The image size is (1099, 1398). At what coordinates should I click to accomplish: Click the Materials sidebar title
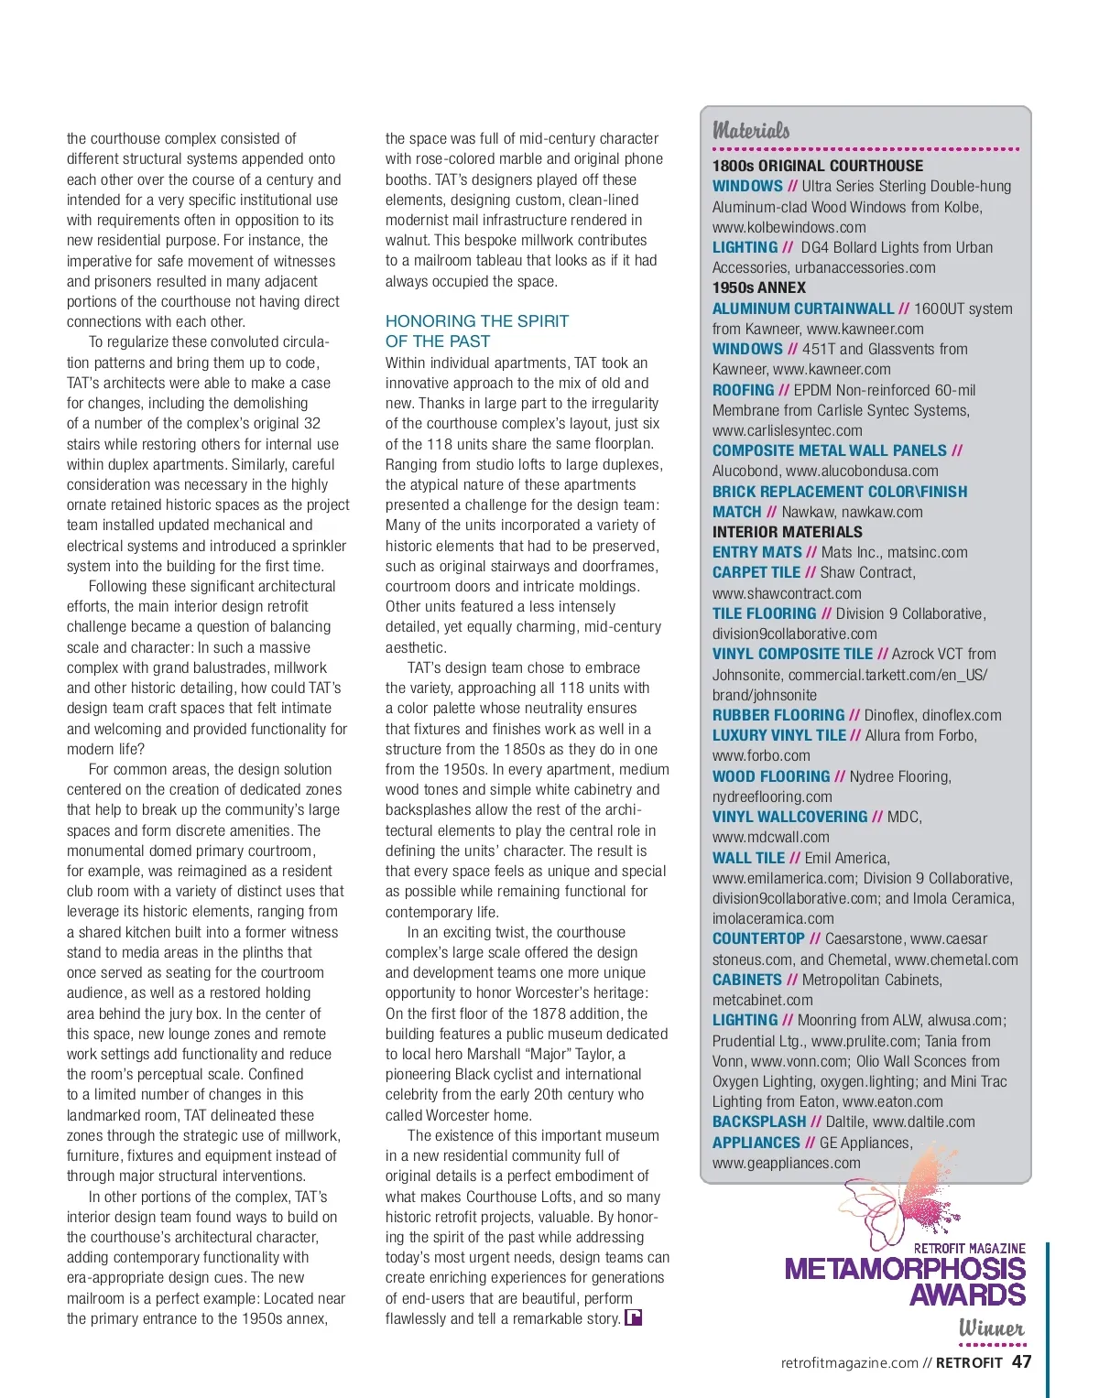coord(751,130)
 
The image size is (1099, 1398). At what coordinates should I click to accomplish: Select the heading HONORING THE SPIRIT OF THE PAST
coord(476,331)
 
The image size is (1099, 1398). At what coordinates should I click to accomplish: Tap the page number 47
coord(1021,1361)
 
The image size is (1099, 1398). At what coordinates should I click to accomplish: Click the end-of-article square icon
coord(633,1318)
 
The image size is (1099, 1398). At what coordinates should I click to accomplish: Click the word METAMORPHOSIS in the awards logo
coord(904,1269)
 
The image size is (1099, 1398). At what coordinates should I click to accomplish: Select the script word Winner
coord(991,1328)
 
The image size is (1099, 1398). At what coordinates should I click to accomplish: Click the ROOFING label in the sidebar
coord(744,390)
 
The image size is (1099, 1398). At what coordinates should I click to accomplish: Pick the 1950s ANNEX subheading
coord(759,287)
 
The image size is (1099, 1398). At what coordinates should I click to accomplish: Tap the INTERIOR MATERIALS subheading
coord(788,532)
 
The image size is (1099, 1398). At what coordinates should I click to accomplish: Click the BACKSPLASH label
coord(759,1122)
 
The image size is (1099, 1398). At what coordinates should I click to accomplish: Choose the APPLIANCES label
coord(756,1143)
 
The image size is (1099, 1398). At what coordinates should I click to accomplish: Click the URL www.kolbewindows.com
coord(789,227)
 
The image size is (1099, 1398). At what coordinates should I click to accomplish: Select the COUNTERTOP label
coord(758,938)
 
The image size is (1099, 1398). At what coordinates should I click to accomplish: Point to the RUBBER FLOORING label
coord(778,715)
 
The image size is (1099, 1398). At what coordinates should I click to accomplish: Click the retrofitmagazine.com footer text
coord(849,1362)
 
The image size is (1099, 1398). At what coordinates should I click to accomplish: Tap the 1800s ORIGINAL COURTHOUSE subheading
coord(818,166)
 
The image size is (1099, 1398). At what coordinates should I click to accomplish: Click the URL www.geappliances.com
coord(786,1163)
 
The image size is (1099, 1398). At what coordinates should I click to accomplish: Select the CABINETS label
coord(747,980)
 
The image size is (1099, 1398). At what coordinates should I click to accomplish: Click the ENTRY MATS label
coord(756,552)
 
